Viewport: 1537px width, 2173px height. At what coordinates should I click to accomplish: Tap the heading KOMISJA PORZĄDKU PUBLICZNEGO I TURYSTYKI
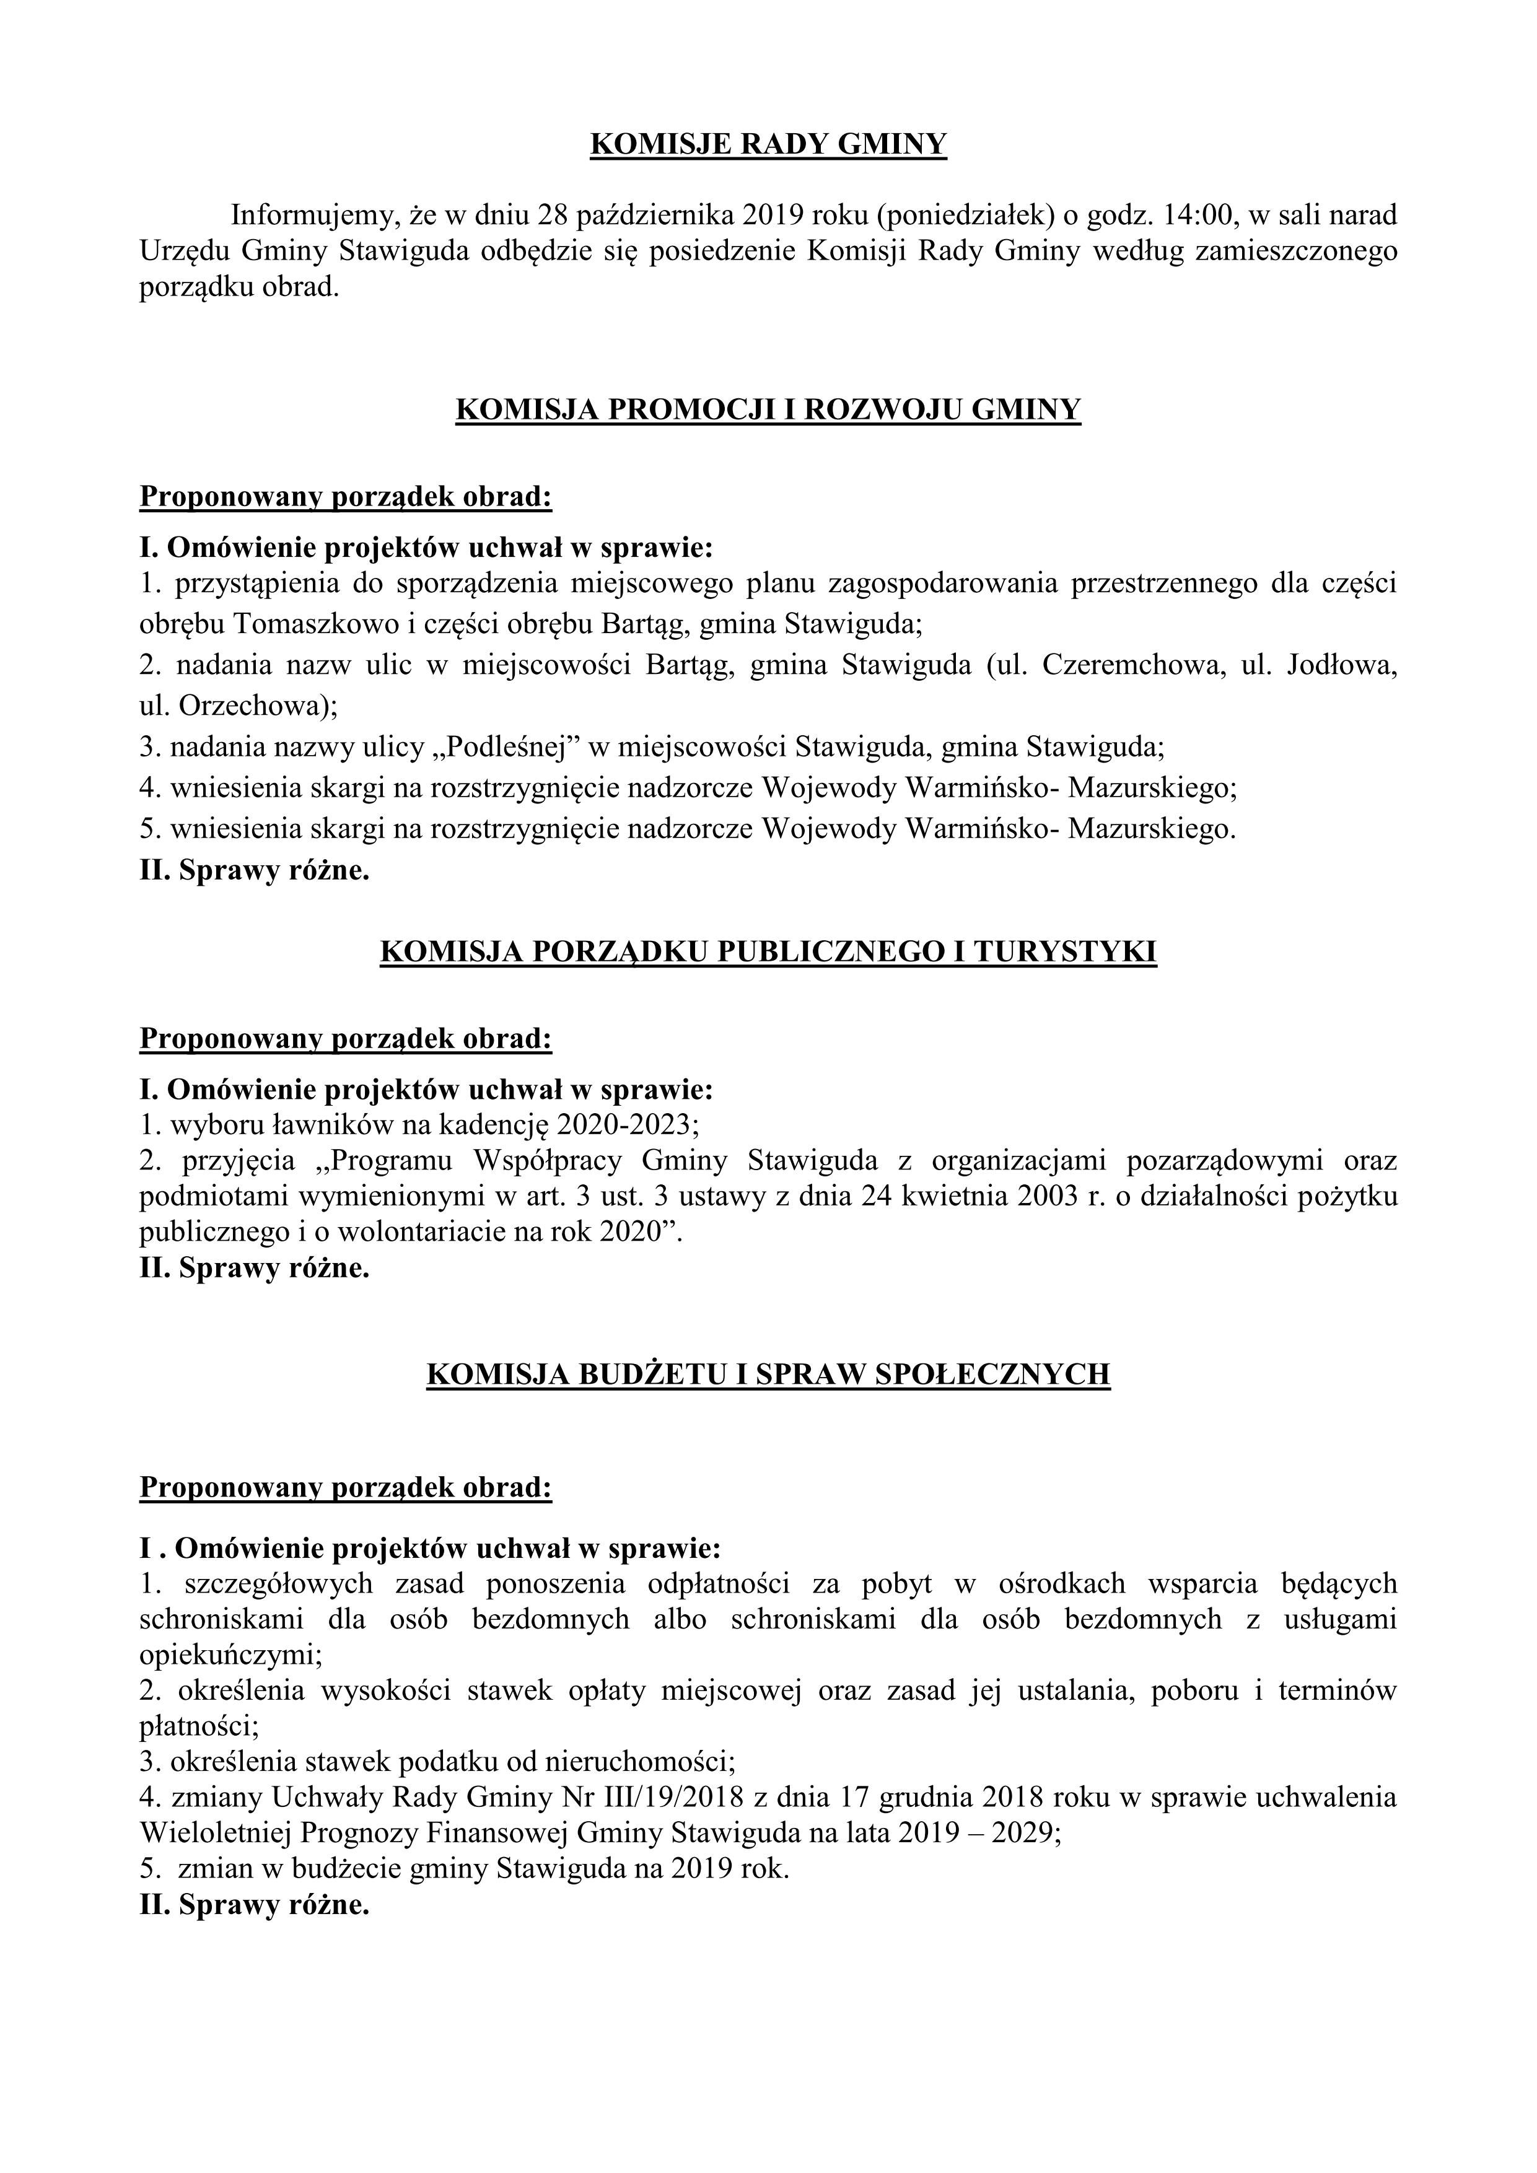768,952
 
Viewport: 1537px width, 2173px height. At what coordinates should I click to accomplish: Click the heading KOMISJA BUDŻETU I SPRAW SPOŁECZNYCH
768,1374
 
